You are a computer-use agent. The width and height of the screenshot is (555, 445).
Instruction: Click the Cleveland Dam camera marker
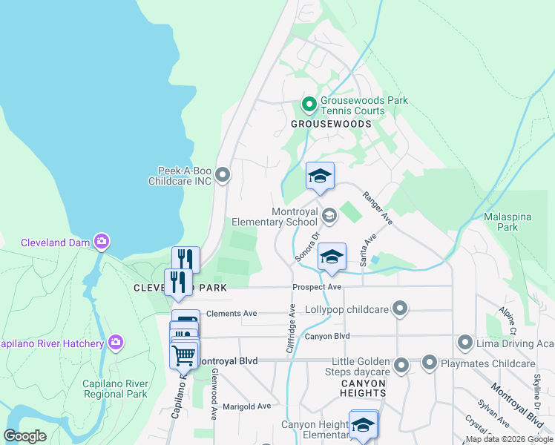102,241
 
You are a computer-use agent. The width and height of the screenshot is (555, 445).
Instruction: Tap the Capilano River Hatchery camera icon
115,342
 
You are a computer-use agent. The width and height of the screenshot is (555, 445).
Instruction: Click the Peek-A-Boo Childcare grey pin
224,176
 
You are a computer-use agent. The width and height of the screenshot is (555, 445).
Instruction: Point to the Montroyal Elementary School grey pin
329,216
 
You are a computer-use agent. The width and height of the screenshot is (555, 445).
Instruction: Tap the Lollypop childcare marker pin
401,308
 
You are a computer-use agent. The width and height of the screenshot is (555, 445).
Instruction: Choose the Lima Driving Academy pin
465,343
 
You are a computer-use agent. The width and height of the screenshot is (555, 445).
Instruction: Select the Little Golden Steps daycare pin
401,365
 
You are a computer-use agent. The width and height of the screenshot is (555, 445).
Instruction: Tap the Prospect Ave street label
317,287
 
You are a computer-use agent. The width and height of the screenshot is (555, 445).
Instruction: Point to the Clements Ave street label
231,314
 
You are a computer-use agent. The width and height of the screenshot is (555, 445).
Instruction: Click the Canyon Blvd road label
327,337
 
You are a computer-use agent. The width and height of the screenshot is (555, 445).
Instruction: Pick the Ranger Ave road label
377,208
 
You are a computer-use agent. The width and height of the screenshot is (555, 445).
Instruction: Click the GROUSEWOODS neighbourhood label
330,124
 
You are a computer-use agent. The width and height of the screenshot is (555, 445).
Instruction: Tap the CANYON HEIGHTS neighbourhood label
364,389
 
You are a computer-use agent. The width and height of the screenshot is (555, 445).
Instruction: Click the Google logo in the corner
24,436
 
